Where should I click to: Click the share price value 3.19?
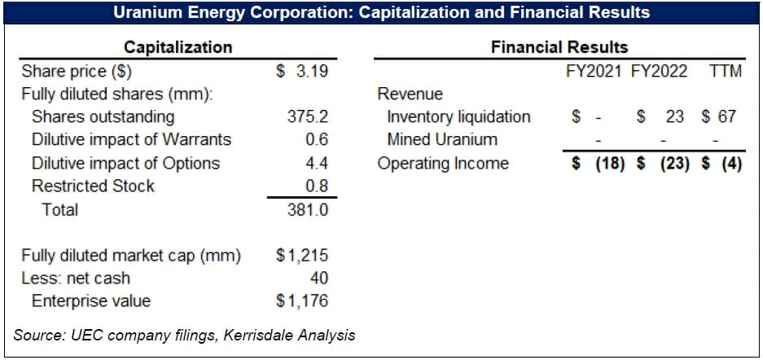click(313, 71)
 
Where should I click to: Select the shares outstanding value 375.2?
click(307, 116)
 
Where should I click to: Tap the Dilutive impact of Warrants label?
click(131, 139)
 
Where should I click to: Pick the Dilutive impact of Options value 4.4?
click(317, 163)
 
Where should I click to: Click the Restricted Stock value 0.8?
click(317, 186)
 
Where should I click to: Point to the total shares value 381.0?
click(307, 209)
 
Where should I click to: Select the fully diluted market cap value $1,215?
click(302, 256)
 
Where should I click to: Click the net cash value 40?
click(318, 279)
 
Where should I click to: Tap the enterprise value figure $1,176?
click(302, 301)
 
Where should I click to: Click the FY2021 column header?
click(595, 71)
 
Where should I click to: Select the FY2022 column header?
click(660, 71)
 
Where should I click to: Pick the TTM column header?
click(725, 71)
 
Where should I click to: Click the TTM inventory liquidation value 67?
click(726, 116)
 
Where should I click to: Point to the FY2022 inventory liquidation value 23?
click(674, 116)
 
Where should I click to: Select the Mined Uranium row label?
click(442, 139)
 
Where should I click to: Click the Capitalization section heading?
click(178, 47)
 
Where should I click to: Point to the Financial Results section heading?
click(559, 47)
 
